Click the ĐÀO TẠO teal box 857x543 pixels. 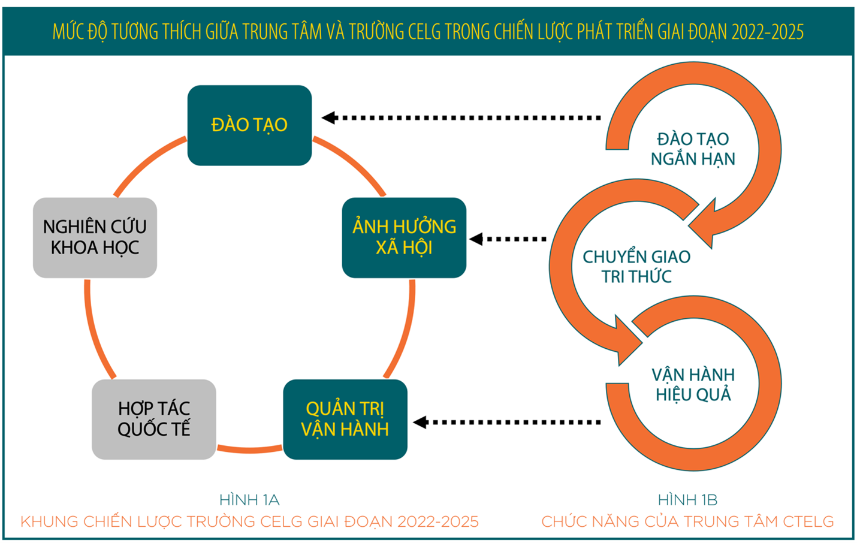(x=249, y=125)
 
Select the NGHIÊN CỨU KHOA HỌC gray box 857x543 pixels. (x=95, y=237)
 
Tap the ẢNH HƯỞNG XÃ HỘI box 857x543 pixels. (x=404, y=237)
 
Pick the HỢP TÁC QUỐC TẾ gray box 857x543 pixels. (x=154, y=420)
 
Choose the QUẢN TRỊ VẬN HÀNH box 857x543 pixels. (x=345, y=420)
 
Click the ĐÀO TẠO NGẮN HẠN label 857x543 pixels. (x=693, y=149)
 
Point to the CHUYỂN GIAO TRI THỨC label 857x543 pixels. (x=636, y=267)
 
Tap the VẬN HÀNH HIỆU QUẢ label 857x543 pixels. (x=693, y=384)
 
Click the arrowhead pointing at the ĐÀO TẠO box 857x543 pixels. (x=329, y=118)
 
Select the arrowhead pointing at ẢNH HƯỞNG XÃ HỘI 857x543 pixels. (x=476, y=239)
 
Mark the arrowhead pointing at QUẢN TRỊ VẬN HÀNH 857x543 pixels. (x=420, y=423)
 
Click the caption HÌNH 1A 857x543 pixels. (x=249, y=500)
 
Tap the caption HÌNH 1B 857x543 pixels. (x=687, y=500)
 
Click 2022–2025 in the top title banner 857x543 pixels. (x=767, y=32)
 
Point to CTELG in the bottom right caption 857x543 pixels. (x=808, y=521)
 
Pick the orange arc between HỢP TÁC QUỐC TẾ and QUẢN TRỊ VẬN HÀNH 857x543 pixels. (x=249, y=450)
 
